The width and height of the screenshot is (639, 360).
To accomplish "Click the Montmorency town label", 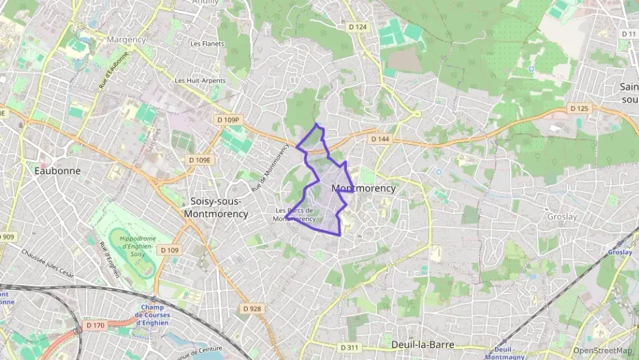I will pos(363,188).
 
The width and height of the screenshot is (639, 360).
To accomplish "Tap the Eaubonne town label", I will pos(57,171).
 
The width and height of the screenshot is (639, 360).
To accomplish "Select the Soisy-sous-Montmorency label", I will pos(216,208).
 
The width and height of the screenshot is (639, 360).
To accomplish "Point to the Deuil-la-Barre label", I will pos(423,344).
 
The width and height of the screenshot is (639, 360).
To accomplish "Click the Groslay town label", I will pos(562,217).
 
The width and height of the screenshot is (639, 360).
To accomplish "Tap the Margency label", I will pos(126,40).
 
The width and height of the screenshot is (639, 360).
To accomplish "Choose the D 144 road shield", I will pos(380,139).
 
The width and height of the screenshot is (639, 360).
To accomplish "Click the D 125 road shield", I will pos(578,109).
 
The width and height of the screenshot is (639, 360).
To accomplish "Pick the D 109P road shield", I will pos(229,120).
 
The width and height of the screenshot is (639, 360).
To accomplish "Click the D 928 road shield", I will pos(252,309).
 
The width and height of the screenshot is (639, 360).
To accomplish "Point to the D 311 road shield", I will pos(349,348).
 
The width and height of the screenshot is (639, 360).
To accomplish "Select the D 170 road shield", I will pos(96,325).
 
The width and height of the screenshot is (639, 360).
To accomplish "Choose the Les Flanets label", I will pos(208,44).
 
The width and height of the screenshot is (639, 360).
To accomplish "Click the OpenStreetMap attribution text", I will pos(602,350).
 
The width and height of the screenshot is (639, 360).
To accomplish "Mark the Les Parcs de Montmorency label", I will pos(294,214).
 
